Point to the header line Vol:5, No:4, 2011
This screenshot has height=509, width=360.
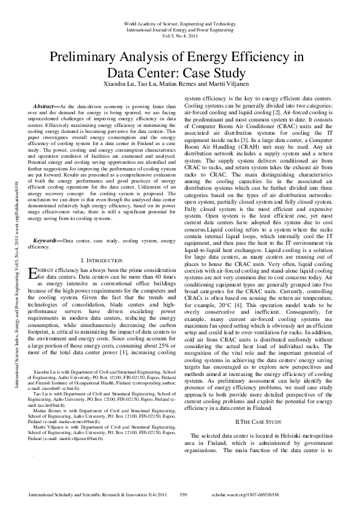coord(180,36)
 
